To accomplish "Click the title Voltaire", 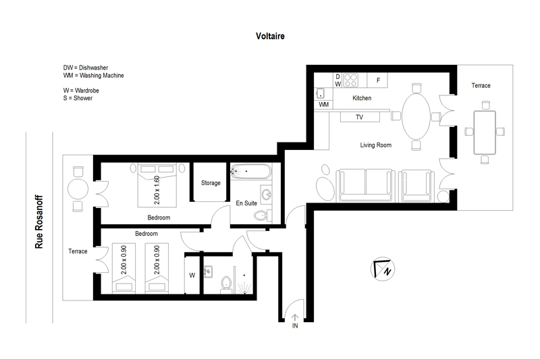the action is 270,36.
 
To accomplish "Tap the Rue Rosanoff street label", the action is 39,222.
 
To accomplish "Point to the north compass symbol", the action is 383,269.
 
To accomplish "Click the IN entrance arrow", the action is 295,317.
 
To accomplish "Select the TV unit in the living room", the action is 360,117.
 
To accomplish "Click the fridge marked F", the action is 377,80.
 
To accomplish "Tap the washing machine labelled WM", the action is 323,105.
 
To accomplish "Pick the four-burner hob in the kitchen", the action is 350,80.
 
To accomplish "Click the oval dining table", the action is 416,116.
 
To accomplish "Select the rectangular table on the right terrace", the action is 485,132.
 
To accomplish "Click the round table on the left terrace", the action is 78,189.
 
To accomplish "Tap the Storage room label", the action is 211,183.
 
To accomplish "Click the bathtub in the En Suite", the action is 251,171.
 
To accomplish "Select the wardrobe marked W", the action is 192,275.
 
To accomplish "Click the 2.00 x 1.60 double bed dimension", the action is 157,190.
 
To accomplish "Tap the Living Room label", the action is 376,145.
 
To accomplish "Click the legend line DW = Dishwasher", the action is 86,68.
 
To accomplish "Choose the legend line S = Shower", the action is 78,98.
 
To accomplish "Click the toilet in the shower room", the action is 226,284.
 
